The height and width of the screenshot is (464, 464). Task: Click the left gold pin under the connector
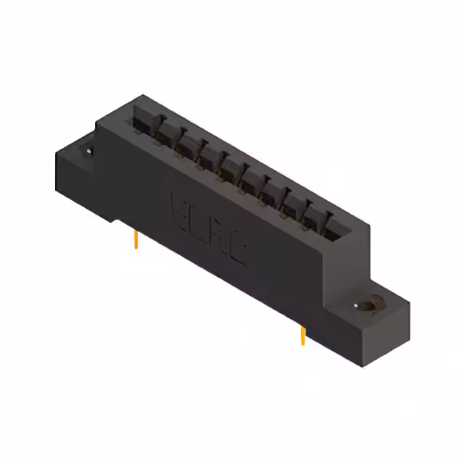coord(136,240)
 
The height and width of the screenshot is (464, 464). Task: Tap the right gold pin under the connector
coord(302,336)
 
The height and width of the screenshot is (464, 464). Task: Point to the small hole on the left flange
coord(88,151)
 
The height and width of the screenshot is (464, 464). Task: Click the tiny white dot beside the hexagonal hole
coord(355,306)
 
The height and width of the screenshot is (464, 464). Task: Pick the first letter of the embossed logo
coord(178,209)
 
